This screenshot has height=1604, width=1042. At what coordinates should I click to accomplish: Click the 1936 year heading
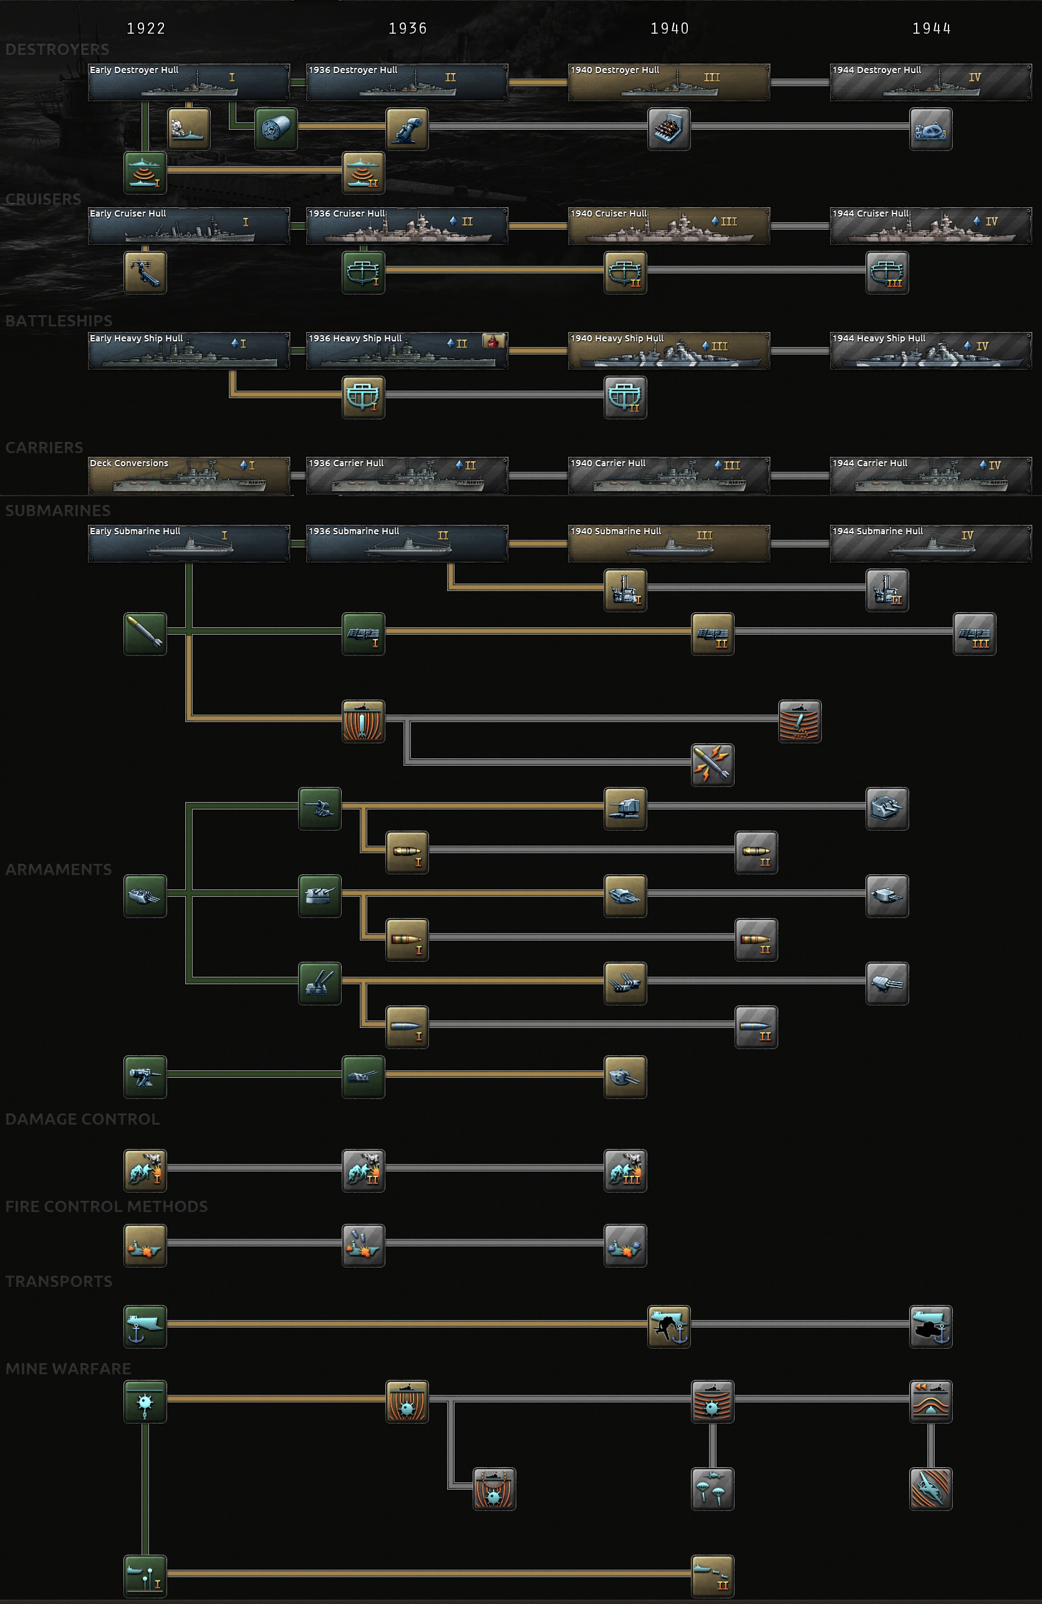407,28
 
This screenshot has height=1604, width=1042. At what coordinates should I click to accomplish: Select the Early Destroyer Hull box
188,82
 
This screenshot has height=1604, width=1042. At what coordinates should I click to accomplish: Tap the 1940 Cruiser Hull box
668,226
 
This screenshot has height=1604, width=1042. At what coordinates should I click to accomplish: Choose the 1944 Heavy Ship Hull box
930,351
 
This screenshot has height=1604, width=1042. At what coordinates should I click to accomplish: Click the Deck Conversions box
188,475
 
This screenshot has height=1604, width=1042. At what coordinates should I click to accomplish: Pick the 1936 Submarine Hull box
407,543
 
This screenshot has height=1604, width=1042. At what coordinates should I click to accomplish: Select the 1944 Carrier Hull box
930,475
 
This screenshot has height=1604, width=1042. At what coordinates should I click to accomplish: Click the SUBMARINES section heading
58,510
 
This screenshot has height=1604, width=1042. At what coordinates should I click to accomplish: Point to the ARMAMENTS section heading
59,869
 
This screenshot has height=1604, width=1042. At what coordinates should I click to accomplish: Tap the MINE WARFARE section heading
68,1369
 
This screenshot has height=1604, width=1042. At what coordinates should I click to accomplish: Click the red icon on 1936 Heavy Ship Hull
494,341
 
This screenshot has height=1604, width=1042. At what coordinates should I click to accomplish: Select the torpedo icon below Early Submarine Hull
145,633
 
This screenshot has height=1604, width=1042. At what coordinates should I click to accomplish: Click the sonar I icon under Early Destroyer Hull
145,172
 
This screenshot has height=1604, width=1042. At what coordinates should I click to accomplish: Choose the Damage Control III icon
625,1171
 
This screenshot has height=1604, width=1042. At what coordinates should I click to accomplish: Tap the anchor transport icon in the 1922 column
145,1326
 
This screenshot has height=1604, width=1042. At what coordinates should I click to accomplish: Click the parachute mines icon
713,1489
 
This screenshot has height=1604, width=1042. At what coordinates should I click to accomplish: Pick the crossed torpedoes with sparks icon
713,765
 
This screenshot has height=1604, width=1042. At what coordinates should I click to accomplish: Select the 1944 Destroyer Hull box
930,82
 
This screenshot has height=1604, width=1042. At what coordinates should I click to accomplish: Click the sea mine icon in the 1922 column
145,1401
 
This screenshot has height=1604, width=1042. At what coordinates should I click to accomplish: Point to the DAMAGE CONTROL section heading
83,1119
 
